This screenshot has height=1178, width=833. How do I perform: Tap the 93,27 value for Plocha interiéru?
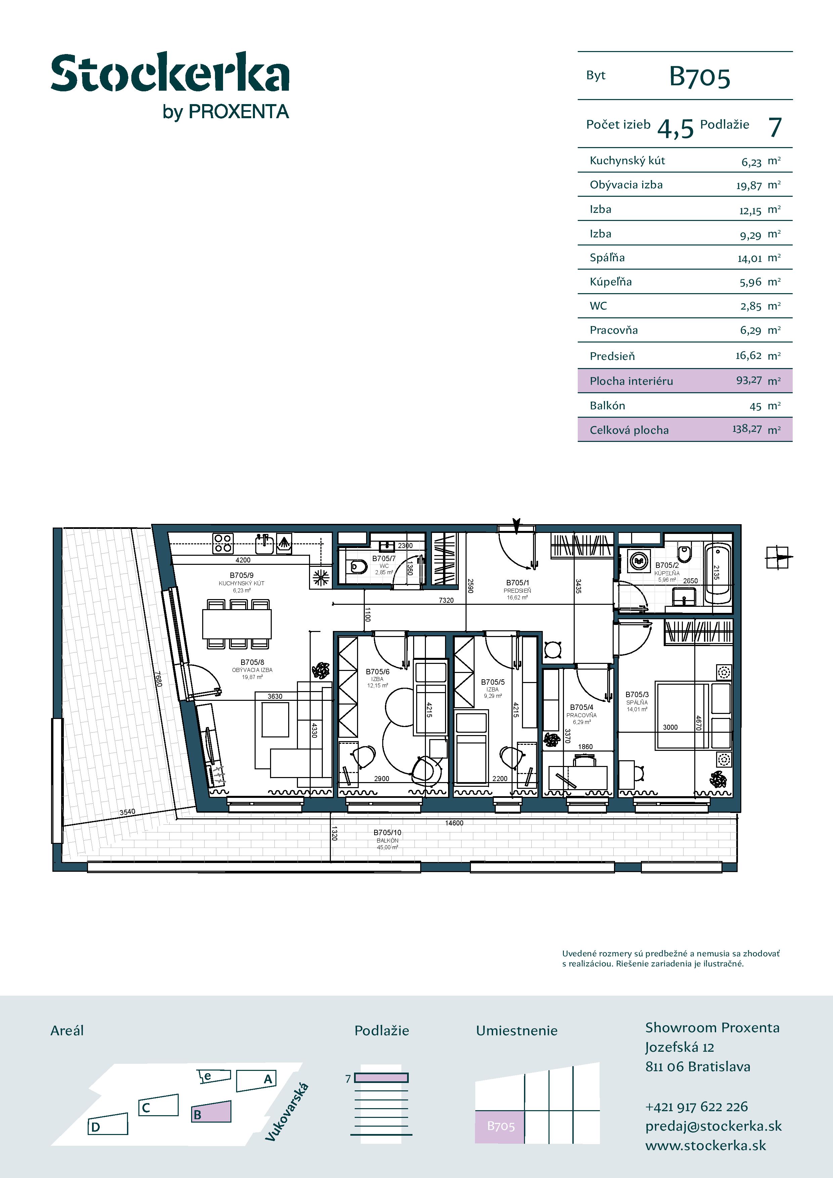(x=749, y=380)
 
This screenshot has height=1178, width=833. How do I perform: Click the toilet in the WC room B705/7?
(x=358, y=567)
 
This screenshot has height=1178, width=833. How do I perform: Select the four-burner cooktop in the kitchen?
(x=223, y=543)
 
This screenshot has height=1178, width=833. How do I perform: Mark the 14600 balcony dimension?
(x=454, y=823)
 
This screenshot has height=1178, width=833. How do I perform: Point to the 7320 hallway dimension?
(x=446, y=600)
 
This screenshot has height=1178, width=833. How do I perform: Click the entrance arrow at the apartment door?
(x=516, y=526)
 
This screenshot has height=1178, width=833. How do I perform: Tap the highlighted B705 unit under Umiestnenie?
(x=500, y=1126)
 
